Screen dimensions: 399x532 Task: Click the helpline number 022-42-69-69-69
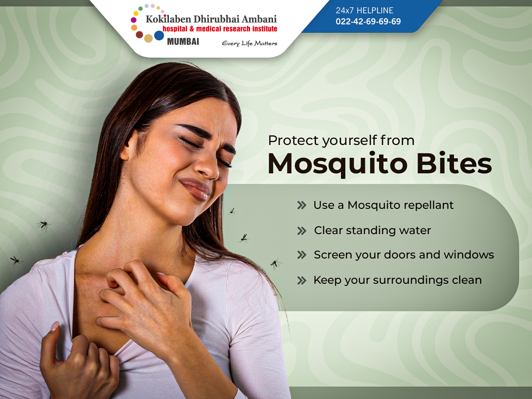[x=368, y=21]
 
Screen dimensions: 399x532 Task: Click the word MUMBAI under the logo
[x=183, y=42]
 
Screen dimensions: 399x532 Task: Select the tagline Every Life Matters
[x=250, y=43]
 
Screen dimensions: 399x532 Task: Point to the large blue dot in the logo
[x=159, y=35]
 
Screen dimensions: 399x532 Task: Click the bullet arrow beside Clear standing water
[x=301, y=231]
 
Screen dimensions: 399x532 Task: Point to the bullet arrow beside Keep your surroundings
[x=301, y=280]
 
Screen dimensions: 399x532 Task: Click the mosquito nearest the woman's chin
[x=232, y=211]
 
